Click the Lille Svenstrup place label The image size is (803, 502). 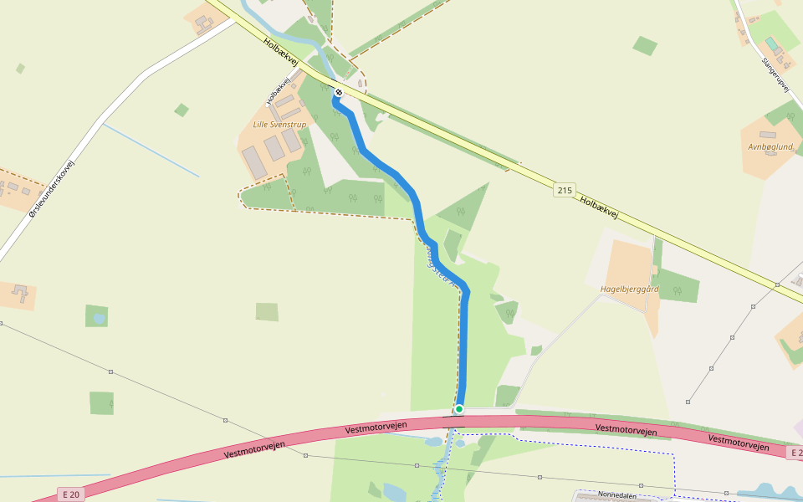point(279,125)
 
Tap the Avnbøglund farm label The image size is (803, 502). point(770,146)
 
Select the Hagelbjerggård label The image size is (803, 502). point(630,289)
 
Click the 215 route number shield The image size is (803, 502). point(565,191)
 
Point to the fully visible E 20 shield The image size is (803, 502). point(71,494)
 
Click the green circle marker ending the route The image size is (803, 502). point(459,409)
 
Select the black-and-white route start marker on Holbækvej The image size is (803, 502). point(339,92)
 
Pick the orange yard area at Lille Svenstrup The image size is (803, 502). point(259,159)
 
